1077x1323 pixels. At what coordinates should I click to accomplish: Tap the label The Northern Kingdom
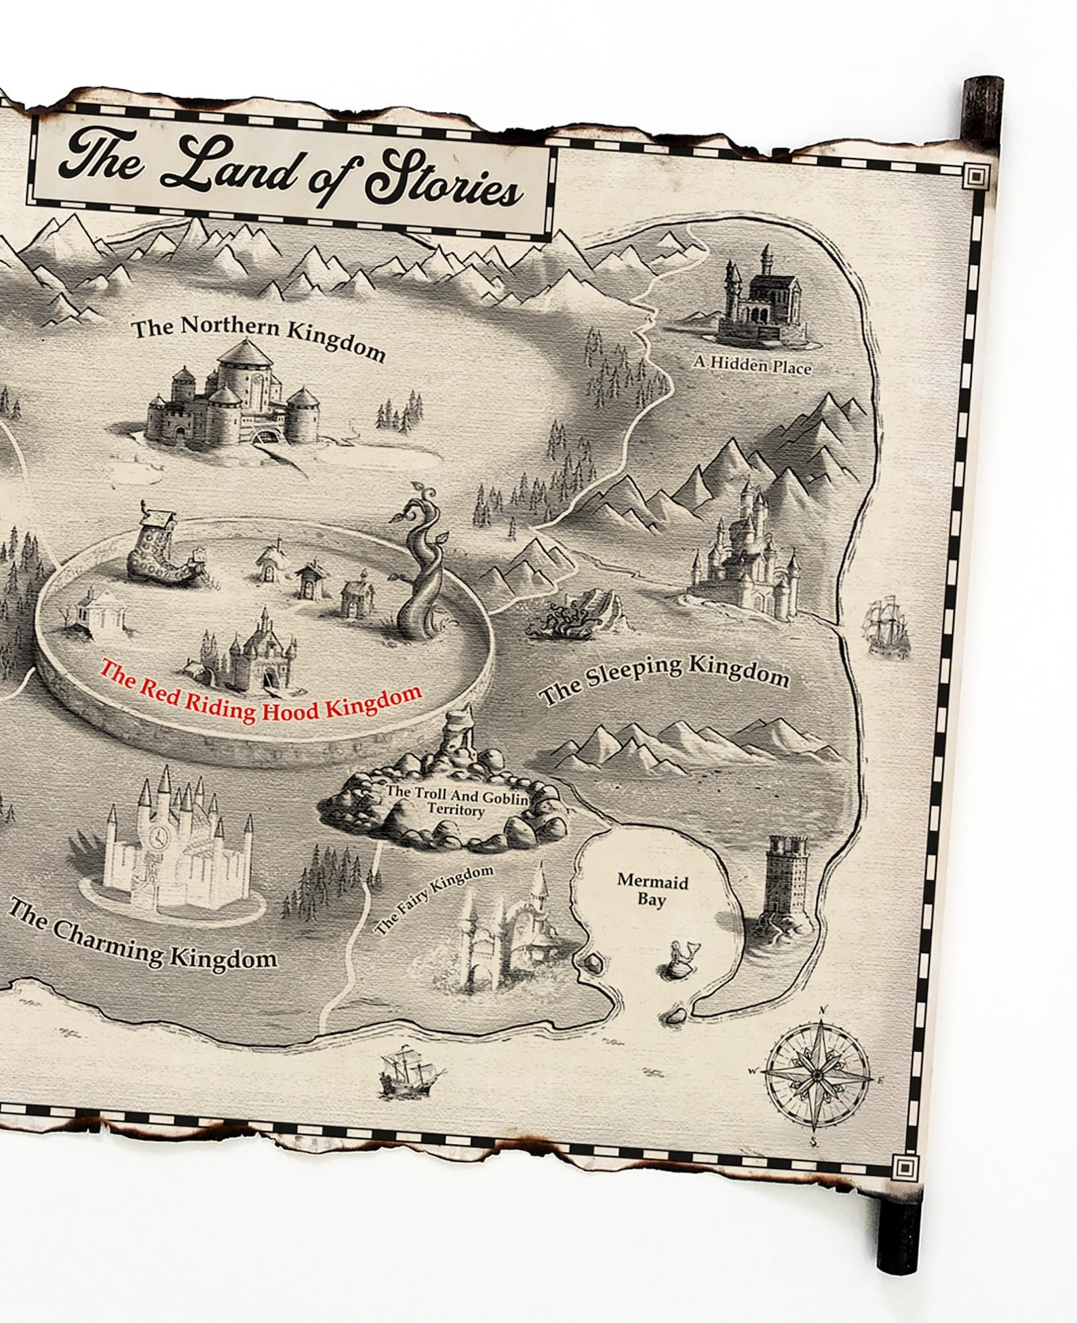click(258, 337)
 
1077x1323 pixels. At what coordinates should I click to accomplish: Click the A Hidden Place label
click(751, 365)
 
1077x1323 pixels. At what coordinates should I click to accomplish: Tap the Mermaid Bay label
click(652, 890)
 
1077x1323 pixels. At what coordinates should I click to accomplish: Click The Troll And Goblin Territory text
click(456, 803)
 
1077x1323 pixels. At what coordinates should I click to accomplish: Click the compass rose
click(818, 1075)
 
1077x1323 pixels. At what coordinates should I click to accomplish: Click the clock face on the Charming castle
click(159, 836)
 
